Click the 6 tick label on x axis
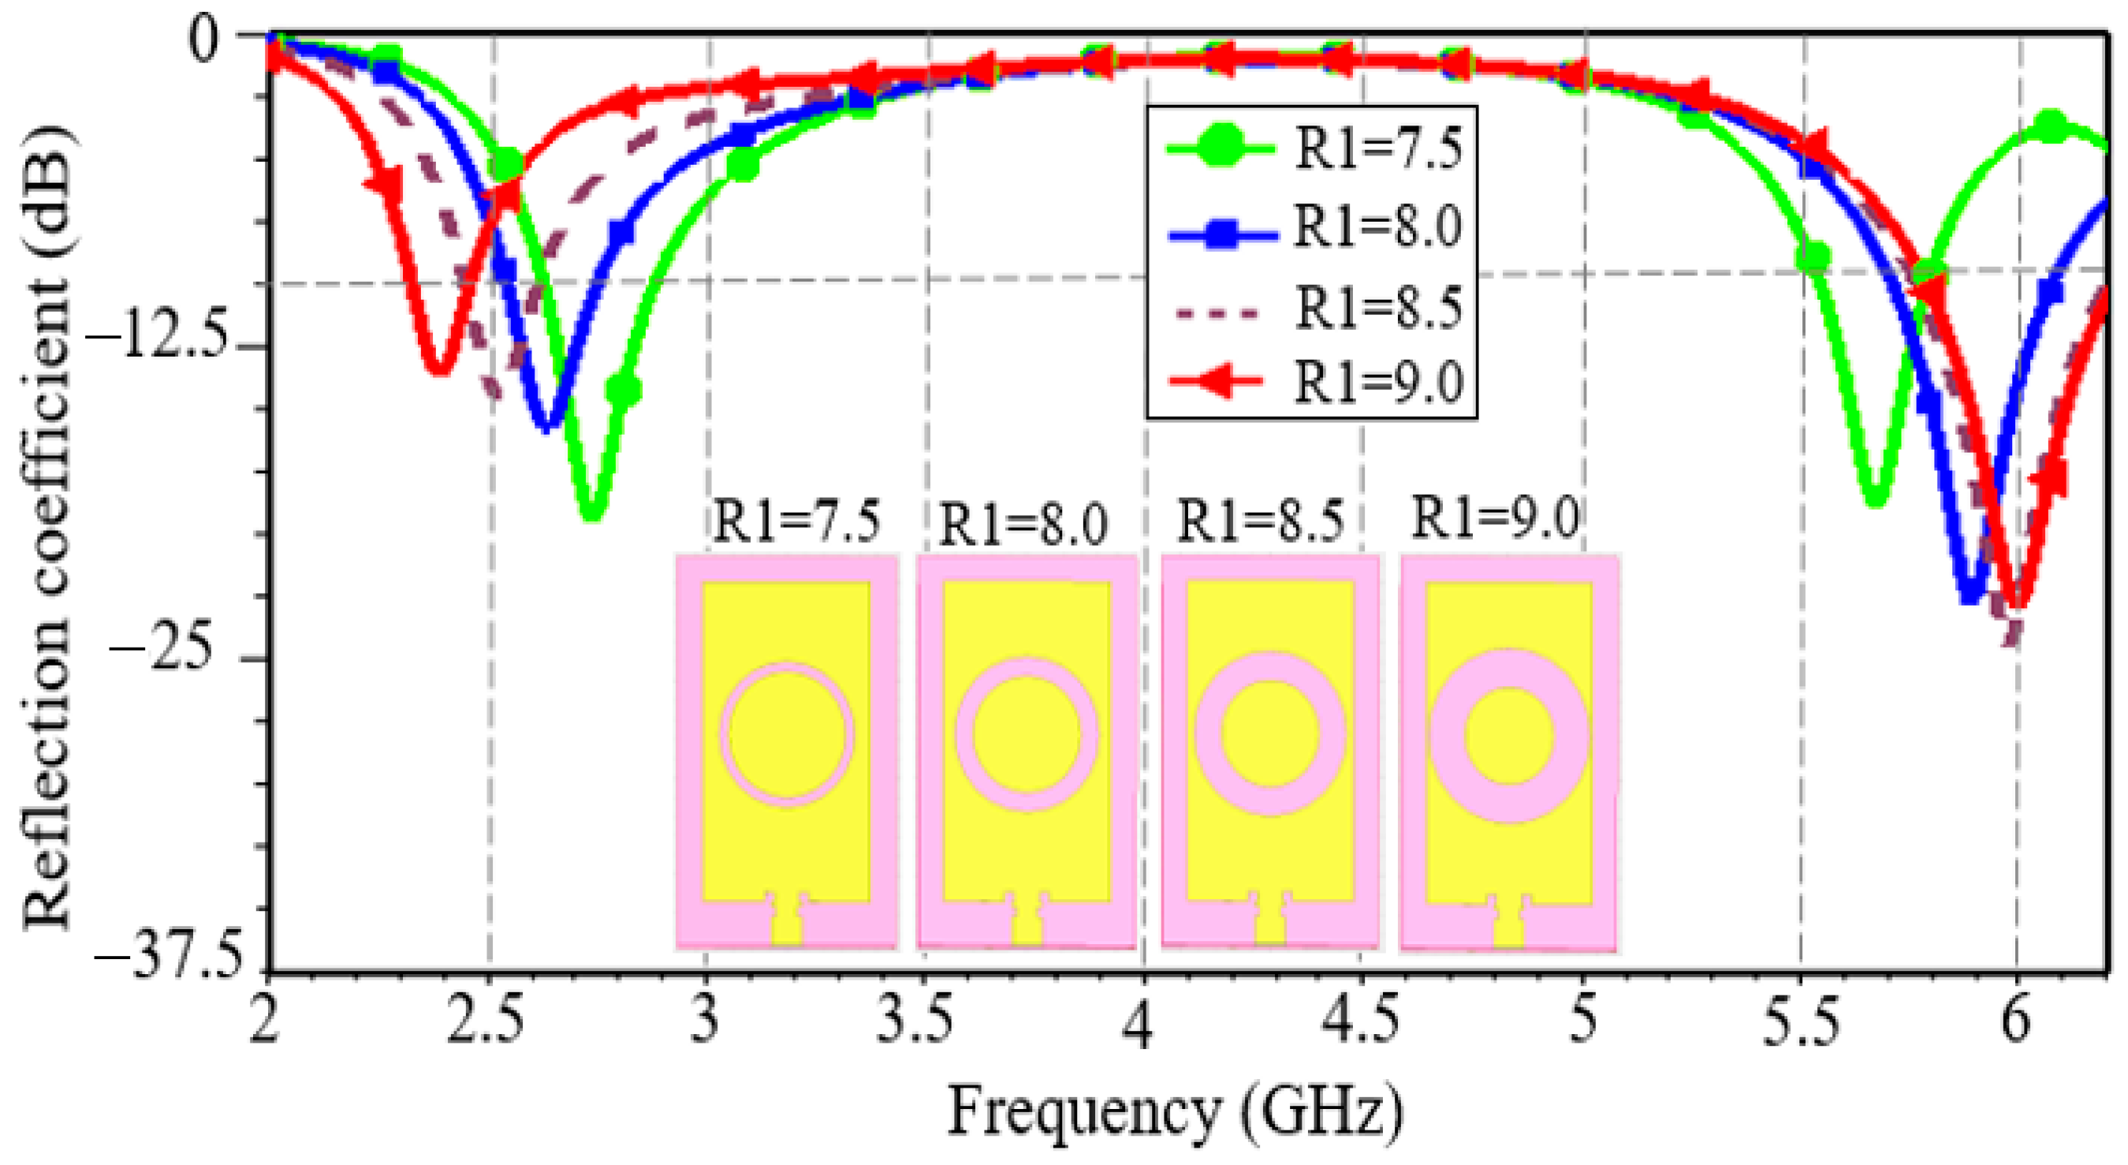[x=2016, y=1021]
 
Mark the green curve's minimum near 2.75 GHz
[x=592, y=512]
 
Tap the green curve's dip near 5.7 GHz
[x=1876, y=497]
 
